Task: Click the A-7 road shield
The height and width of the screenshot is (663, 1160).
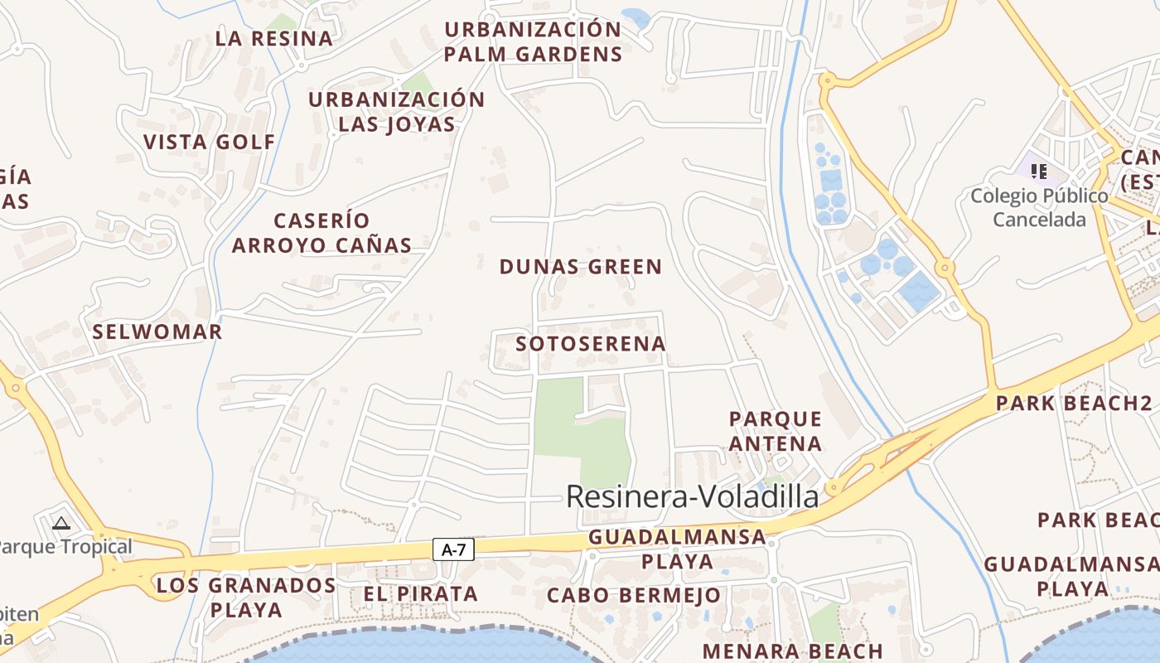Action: tap(452, 549)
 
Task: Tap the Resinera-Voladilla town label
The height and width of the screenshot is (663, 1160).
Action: tap(692, 496)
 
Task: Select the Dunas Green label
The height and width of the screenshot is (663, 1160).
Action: tap(580, 267)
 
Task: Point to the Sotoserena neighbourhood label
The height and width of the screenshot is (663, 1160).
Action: tap(590, 343)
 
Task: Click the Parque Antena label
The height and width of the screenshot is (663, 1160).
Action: tap(776, 431)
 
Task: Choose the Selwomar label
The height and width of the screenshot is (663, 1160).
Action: tap(157, 332)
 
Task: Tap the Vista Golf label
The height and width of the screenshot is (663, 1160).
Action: tap(209, 142)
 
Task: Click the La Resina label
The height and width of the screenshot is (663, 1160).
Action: tap(273, 38)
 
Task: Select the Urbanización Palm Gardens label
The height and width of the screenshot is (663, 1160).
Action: tap(533, 41)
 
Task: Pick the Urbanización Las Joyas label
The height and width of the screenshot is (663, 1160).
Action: tap(397, 112)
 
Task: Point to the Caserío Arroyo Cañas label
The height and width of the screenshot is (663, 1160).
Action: tap(321, 233)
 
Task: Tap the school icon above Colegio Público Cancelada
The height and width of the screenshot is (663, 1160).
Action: tap(1038, 172)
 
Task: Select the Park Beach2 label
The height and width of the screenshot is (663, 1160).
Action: tap(1074, 404)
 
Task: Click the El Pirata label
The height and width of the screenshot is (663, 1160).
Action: tap(420, 593)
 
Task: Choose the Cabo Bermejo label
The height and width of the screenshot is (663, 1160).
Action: tap(634, 595)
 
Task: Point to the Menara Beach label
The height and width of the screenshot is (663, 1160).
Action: tap(792, 651)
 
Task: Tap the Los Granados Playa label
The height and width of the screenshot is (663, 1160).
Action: tap(246, 598)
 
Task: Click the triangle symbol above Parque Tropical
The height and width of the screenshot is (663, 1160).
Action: tap(60, 523)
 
